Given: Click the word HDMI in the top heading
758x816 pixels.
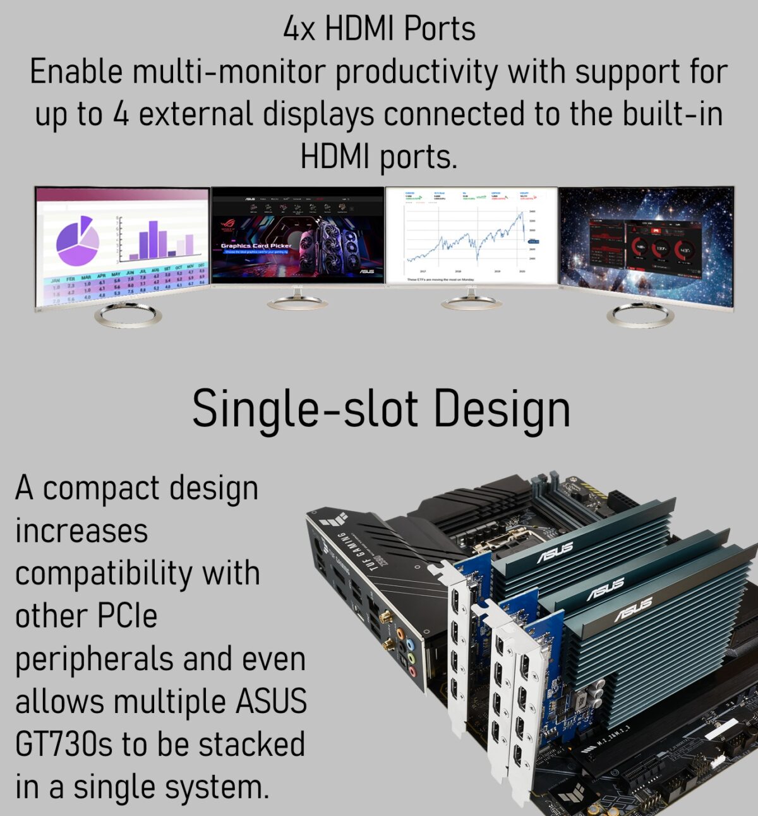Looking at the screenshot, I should coord(359,29).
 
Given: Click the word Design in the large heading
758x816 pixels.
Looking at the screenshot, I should coord(502,409).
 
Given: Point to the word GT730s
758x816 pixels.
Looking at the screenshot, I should coord(63,744).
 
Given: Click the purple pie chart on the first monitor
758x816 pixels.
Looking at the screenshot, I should coord(77,241).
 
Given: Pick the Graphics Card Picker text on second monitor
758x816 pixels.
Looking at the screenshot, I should coord(256,246).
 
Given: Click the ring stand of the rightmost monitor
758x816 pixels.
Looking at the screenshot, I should coord(640,314).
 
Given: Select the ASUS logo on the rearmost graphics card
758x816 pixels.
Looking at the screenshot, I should coord(555,552).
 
